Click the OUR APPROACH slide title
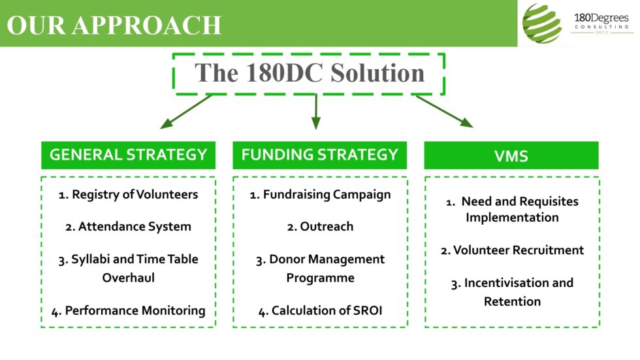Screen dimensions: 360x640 pos(115,25)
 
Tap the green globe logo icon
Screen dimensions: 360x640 pos(542,24)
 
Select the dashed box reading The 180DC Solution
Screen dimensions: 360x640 pos(309,73)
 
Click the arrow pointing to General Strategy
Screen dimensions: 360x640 pos(186,112)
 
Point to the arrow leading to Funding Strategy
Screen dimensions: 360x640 pos(316,112)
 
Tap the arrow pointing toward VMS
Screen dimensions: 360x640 pos(444,111)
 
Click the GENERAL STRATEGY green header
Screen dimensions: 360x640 pos(128,155)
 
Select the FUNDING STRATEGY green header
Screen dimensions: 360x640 pos(319,155)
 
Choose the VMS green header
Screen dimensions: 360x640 pos(511,155)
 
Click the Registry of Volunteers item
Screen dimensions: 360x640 pos(128,194)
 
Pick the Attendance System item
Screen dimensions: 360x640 pos(128,227)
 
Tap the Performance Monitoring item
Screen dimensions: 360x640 pos(128,311)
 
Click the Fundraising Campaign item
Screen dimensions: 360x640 pos(320,194)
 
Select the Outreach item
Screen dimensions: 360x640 pos(320,227)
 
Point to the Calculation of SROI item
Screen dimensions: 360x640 pos(320,311)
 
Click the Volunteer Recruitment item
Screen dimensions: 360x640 pos(512,250)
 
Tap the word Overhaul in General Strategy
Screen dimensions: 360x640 pos(128,278)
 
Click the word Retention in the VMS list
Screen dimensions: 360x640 pos(512,302)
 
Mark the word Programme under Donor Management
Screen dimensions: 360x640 pos(320,278)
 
